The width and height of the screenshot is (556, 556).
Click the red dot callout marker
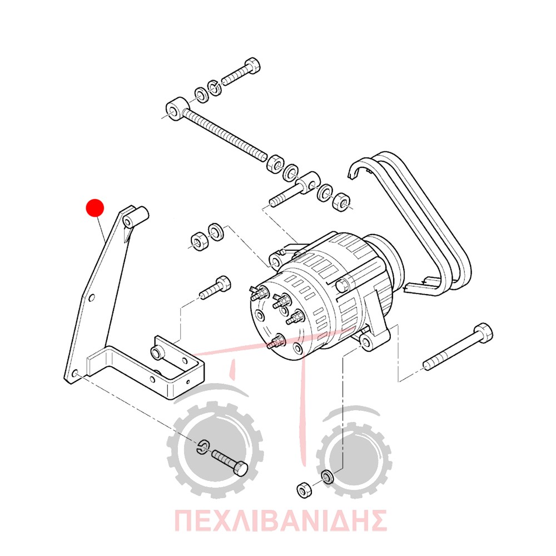[95, 208]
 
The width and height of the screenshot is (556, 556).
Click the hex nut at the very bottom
[304, 490]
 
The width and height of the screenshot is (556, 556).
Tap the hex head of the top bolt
[252, 65]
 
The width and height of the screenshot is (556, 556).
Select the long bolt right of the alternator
[458, 347]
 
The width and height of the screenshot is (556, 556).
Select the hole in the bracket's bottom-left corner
[75, 374]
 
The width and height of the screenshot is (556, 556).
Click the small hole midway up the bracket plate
[92, 297]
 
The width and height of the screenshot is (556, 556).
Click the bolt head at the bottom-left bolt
[241, 468]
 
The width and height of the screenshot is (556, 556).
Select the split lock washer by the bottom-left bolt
[203, 447]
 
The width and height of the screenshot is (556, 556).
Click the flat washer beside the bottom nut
[327, 477]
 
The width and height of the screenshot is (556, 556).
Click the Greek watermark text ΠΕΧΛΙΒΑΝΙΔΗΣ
[280, 520]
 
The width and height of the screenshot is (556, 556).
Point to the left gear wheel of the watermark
[215, 449]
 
